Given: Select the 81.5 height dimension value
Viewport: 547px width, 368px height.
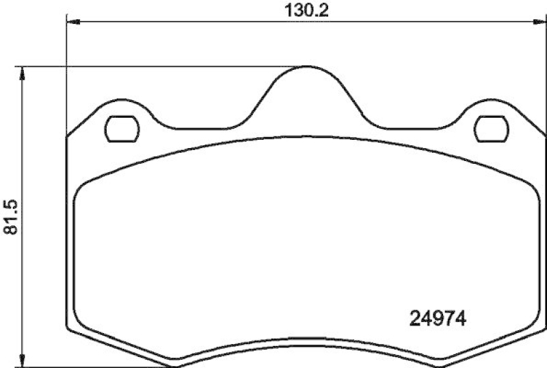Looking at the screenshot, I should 9,217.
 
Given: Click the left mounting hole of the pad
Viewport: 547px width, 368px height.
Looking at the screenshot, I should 123,127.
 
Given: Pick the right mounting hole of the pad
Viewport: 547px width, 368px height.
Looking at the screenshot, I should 491,127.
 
